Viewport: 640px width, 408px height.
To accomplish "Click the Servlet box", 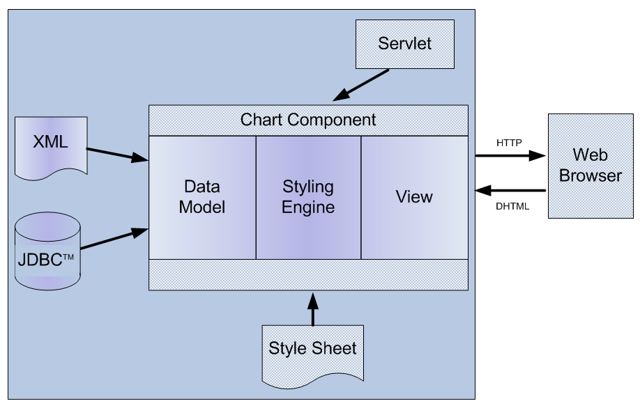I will pyautogui.click(x=404, y=44).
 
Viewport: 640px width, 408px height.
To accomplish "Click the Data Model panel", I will pyautogui.click(x=202, y=197).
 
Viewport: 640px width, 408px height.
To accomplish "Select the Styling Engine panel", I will pyautogui.click(x=308, y=197).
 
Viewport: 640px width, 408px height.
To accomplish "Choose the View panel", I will pyautogui.click(x=414, y=197).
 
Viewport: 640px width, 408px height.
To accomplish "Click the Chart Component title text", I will pyautogui.click(x=308, y=120).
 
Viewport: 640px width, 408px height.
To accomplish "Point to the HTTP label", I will pyautogui.click(x=509, y=142).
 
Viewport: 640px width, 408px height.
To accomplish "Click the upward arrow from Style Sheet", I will pyautogui.click(x=312, y=308).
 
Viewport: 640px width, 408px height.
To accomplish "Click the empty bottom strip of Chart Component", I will pyautogui.click(x=308, y=274).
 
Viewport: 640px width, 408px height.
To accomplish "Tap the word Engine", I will pyautogui.click(x=308, y=207).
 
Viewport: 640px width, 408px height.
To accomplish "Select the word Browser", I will pyautogui.click(x=591, y=175).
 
